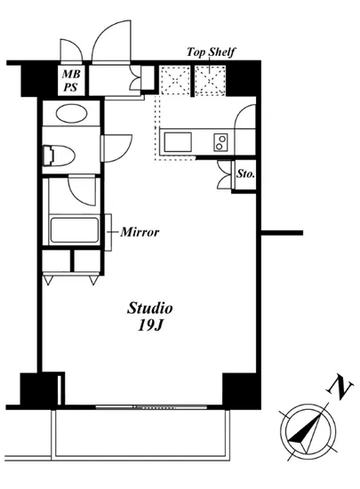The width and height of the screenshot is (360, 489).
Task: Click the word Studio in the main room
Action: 149,309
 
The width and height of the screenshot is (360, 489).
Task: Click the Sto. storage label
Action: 246,175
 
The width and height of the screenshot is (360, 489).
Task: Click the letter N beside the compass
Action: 340,388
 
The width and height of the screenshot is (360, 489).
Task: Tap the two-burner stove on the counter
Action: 220,141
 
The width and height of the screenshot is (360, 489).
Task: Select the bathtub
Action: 75,230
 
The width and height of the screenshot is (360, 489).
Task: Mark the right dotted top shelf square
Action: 212,84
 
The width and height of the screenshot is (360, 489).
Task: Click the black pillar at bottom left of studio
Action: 37,389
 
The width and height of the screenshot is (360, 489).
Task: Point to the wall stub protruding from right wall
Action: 281,233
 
